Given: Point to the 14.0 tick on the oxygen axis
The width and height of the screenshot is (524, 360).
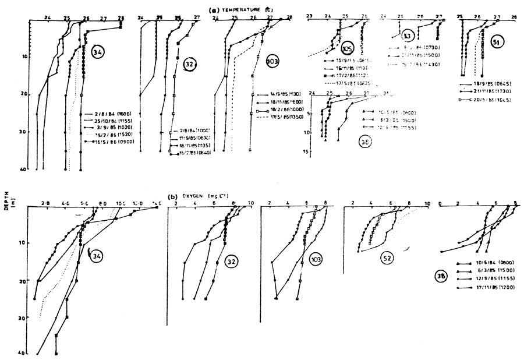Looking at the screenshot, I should click(x=157, y=203).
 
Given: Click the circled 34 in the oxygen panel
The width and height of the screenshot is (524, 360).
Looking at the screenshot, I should click(x=98, y=255).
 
